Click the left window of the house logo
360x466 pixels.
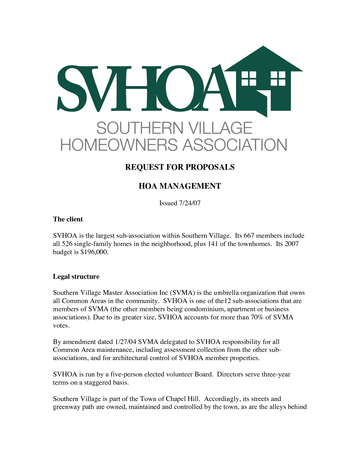click(249, 78)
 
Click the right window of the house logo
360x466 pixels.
click(278, 78)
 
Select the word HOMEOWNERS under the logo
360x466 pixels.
click(119, 145)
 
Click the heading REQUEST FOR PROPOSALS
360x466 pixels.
click(180, 167)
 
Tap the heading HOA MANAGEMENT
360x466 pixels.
click(180, 186)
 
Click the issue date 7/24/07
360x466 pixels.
click(190, 203)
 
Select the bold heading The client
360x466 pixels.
click(68, 219)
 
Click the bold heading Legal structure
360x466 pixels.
click(76, 276)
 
